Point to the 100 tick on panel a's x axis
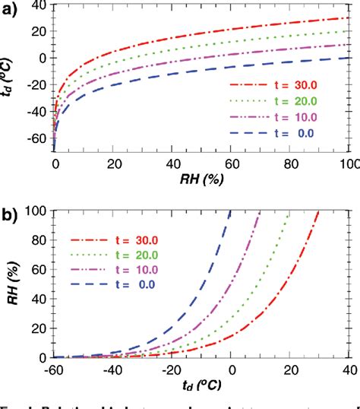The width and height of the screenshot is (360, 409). (x=348, y=164)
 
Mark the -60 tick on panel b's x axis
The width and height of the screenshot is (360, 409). (x=53, y=369)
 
